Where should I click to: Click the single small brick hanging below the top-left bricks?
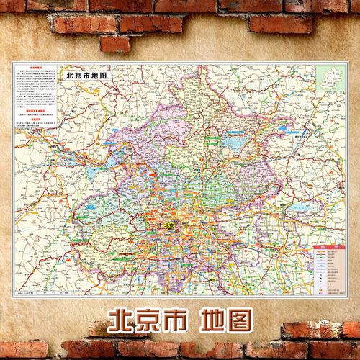point(115,44)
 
